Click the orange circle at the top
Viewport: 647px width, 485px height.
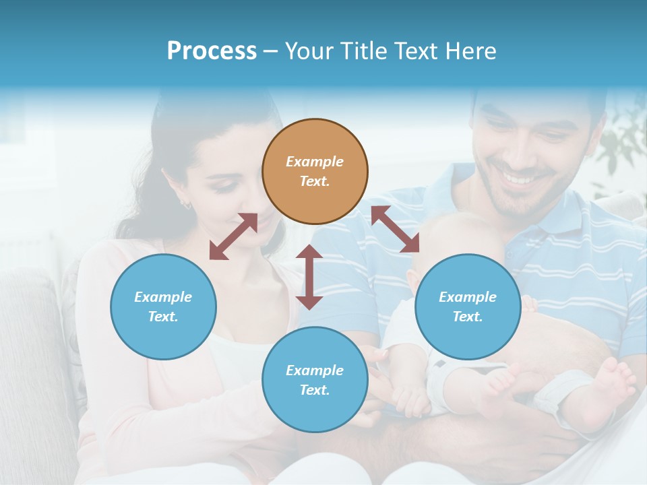pos(315,172)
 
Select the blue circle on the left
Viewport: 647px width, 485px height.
pos(163,306)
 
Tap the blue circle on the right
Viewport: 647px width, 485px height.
pos(468,306)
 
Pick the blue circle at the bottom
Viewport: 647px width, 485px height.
pos(315,380)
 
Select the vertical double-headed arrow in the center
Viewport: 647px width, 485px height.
pos(309,277)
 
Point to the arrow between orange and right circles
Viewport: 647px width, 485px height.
pos(396,229)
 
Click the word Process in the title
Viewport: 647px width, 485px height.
pos(212,51)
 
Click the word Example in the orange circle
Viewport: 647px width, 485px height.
pos(315,162)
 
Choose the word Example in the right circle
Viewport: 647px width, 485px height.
pos(468,297)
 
